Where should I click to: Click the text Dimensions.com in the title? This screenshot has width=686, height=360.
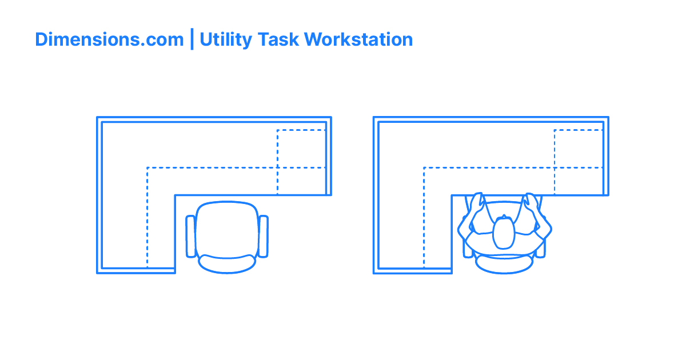click(109, 39)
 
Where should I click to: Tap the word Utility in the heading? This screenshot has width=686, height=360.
click(226, 39)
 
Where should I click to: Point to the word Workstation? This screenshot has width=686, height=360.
click(358, 39)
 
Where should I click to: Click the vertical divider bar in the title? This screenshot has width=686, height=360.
click(192, 39)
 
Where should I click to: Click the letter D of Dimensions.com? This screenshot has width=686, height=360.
click(41, 39)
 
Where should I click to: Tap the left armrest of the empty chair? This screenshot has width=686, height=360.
click(190, 235)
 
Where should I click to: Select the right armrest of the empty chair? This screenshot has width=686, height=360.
click(263, 235)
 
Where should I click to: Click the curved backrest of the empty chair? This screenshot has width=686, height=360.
click(227, 263)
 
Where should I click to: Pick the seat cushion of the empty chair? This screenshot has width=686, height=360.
click(226, 229)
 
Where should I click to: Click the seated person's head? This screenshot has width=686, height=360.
click(504, 233)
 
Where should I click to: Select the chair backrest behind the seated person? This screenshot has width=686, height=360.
click(504, 264)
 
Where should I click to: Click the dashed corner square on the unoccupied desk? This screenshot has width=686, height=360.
click(301, 149)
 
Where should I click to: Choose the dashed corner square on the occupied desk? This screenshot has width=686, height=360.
click(578, 149)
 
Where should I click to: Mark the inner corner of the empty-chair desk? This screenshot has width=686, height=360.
click(175, 195)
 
